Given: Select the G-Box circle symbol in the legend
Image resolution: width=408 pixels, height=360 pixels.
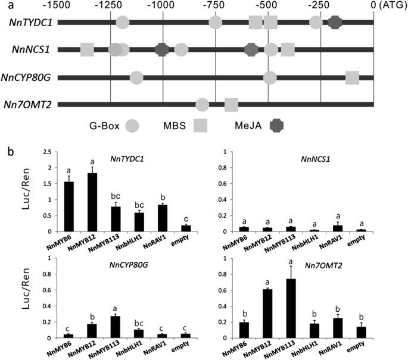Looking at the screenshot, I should tap(133, 126).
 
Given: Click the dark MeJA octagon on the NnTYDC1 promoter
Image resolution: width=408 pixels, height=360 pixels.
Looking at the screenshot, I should tap(335, 23).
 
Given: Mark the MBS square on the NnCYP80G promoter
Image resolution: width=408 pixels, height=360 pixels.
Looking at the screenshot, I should tap(352, 77).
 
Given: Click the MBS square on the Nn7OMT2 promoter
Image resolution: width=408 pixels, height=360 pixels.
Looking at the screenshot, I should tap(231, 105).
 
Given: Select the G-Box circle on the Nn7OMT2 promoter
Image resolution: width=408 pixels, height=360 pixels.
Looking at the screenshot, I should tap(203, 105).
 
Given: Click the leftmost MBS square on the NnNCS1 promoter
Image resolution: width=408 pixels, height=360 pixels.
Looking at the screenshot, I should tap(88, 49).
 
